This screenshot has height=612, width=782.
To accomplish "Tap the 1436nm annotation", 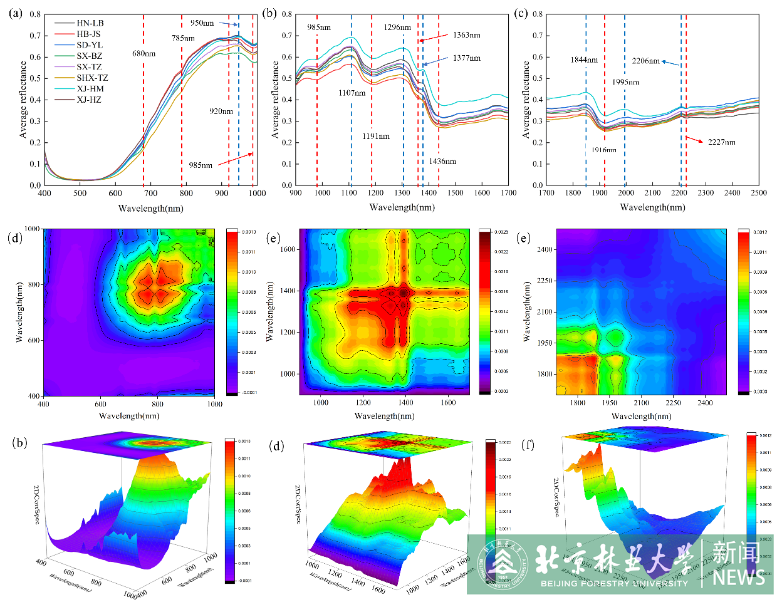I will click(442, 161).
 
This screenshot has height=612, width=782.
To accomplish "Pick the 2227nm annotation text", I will click(721, 142).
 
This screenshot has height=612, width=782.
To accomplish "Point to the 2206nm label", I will click(645, 61).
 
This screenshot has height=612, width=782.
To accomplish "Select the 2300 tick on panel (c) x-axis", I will click(706, 194).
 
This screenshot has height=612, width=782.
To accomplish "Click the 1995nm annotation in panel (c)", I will click(626, 82).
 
